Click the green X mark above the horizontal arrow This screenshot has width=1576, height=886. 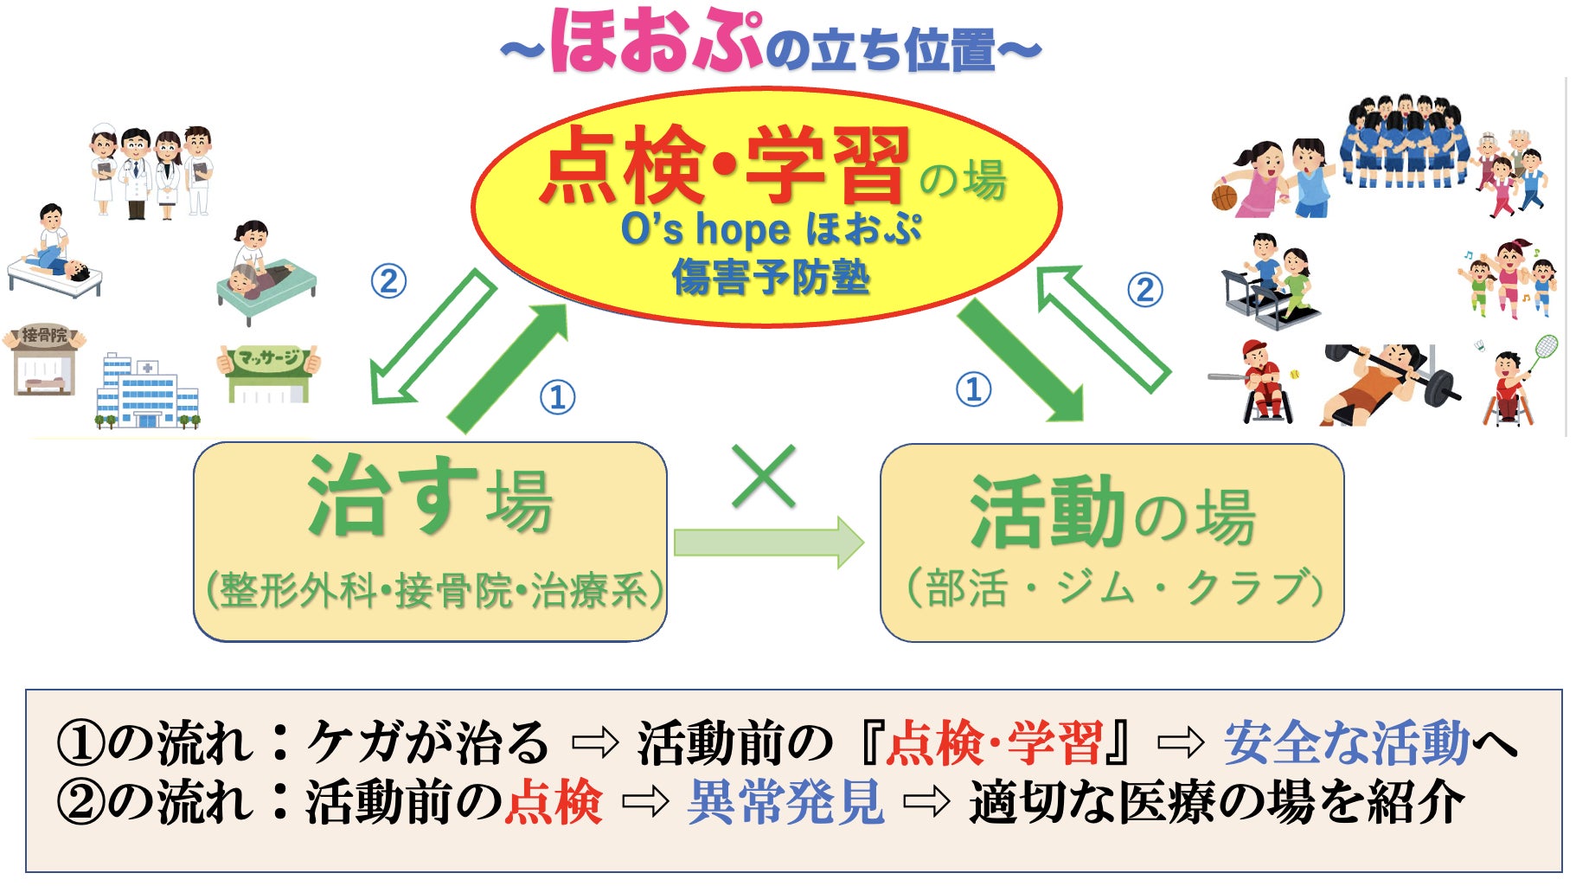(x=763, y=477)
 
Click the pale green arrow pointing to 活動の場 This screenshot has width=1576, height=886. (x=768, y=543)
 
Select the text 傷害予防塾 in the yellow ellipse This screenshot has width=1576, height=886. (x=770, y=278)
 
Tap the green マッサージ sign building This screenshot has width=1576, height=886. (x=269, y=374)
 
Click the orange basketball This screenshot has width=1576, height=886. (x=1225, y=197)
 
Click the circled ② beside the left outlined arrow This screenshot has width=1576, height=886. (x=388, y=281)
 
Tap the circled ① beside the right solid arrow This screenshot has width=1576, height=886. (x=973, y=389)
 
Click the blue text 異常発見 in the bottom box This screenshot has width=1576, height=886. (x=785, y=802)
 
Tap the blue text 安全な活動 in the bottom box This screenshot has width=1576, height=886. (x=1346, y=742)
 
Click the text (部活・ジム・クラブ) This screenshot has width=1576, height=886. (x=1114, y=588)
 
